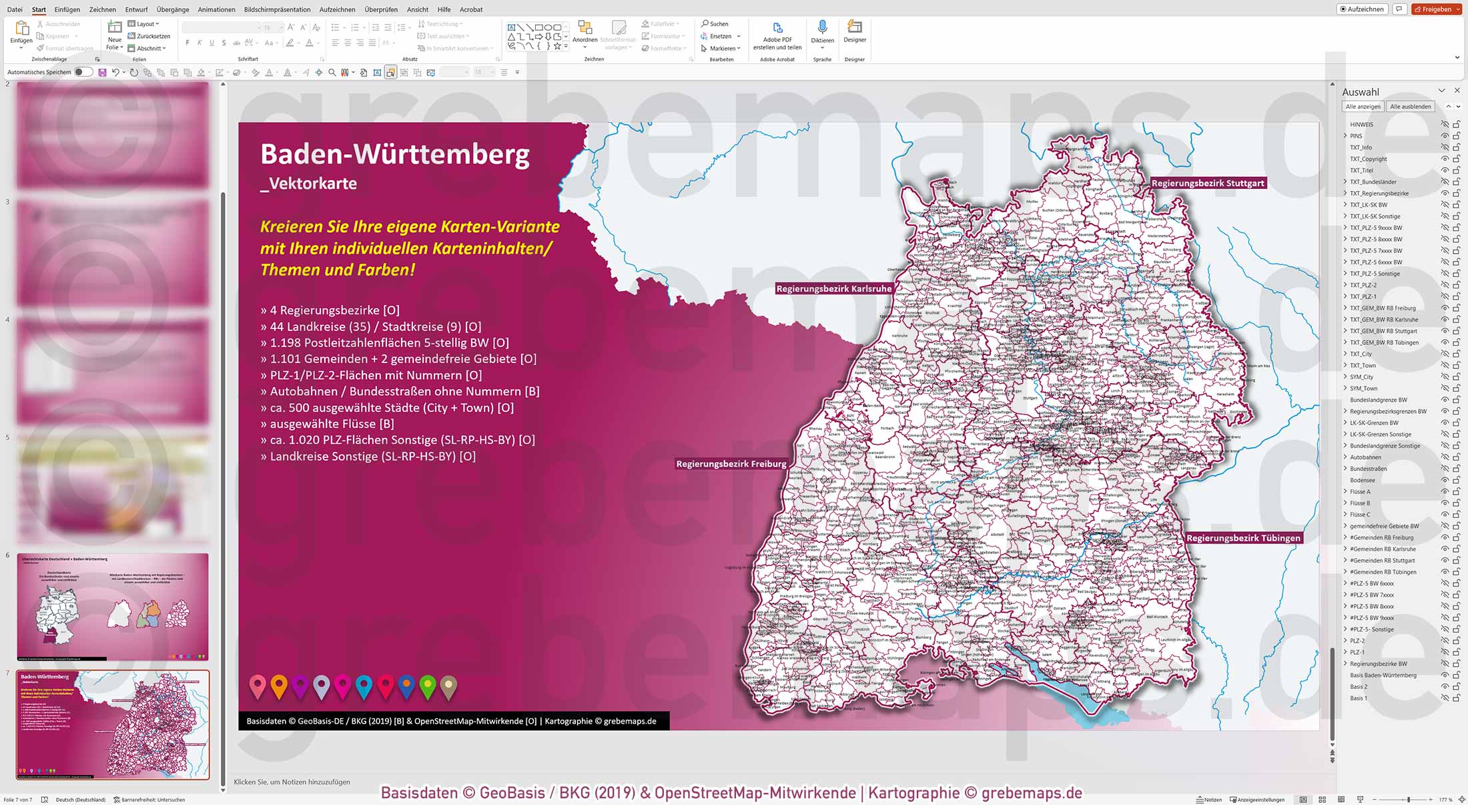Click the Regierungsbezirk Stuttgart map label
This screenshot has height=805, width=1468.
tap(1208, 183)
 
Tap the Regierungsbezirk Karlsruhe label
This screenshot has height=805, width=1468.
tap(833, 289)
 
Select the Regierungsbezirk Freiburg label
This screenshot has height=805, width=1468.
tap(731, 464)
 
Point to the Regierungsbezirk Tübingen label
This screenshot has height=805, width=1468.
tap(1243, 538)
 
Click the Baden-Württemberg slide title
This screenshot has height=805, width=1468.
tap(395, 154)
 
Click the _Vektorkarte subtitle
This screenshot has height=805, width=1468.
tap(309, 184)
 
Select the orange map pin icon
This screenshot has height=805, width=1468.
tap(279, 686)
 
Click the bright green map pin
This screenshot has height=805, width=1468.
tap(428, 686)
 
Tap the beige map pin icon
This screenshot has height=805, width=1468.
tap(449, 686)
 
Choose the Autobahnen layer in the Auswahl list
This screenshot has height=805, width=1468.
tap(1365, 457)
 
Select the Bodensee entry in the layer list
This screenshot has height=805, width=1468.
tap(1362, 480)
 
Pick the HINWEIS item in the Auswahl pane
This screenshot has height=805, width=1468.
tap(1361, 124)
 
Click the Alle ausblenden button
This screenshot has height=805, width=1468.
tap(1410, 107)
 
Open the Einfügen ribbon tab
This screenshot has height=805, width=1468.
tap(67, 9)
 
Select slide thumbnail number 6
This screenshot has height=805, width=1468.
tap(112, 606)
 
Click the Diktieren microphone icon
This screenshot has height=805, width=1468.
tap(822, 28)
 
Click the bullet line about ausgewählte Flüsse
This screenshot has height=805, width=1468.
tap(327, 424)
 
